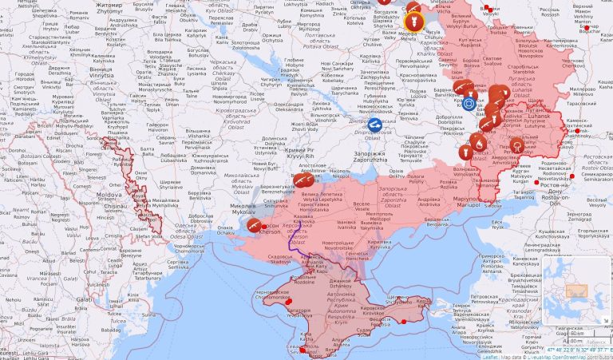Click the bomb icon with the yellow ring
(413, 18)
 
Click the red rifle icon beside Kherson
(255, 226)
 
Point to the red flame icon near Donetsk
(478, 143)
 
